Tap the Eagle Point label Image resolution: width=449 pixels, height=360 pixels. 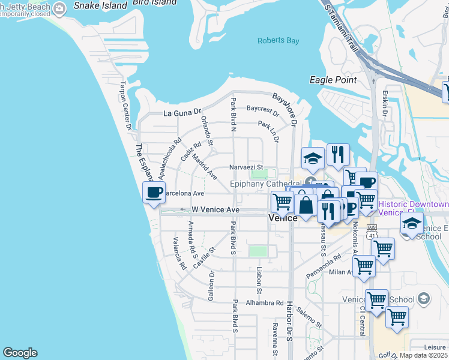click(x=333, y=80)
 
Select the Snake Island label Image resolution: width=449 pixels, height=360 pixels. click(x=100, y=5)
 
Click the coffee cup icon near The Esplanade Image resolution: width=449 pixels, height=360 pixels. click(x=154, y=193)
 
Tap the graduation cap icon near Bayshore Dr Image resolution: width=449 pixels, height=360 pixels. click(x=313, y=158)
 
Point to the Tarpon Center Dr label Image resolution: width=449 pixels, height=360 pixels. click(x=126, y=106)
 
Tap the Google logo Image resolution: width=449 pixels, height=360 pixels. click(x=20, y=353)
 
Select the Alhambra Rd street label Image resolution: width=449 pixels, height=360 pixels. click(x=264, y=303)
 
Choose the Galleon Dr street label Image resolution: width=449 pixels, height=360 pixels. click(x=212, y=285)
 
